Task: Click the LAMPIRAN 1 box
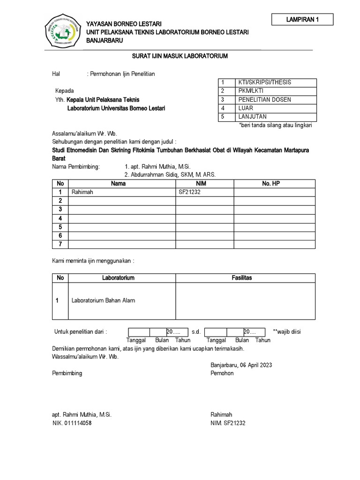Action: coord(302,20)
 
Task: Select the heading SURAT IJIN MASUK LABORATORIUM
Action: coord(180,56)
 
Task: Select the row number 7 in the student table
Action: coord(60,244)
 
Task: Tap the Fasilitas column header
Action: coord(241,278)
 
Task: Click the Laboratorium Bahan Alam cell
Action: coord(103,300)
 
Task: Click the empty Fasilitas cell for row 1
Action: coord(245,301)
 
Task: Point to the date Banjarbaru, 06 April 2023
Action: coord(241,365)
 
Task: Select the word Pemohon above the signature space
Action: coord(222,374)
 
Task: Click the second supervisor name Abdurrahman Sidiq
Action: coord(170,175)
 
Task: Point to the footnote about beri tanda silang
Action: coord(276,126)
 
